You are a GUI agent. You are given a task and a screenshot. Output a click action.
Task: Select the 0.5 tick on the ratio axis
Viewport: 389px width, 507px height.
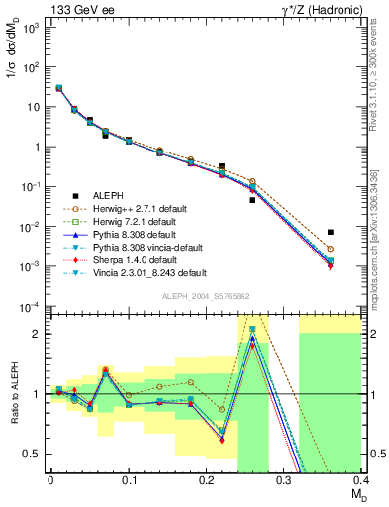[35, 454]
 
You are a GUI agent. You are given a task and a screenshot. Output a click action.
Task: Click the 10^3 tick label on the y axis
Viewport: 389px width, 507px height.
[33, 27]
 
